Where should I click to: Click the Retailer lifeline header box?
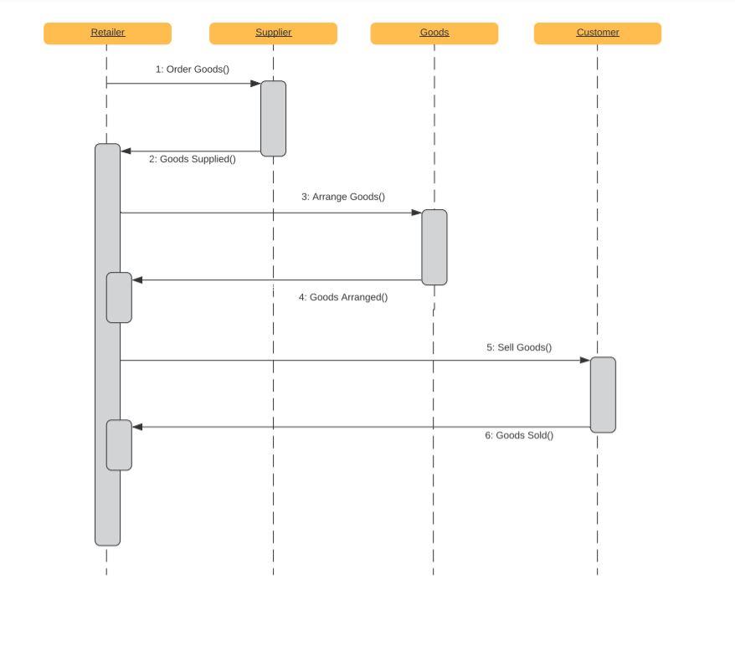107,33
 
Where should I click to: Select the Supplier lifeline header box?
273,33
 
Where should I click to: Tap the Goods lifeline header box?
434,33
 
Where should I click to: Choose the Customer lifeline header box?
597,33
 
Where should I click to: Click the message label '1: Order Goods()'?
192,69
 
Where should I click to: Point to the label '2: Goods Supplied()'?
193,159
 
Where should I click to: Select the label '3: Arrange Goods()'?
343,197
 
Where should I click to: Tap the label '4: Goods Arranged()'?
343,297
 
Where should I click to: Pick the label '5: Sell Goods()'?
519,347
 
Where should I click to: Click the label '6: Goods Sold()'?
519,435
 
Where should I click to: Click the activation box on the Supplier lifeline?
273,118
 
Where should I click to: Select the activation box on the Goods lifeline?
434,247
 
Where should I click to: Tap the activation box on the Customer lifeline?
603,394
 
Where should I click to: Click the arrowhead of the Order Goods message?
255,84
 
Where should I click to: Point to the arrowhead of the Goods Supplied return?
126,151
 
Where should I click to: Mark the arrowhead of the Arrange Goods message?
416,213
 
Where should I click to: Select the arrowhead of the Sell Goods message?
584,361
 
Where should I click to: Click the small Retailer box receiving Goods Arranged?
119,297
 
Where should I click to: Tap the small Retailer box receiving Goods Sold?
119,445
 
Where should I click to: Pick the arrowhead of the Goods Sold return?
138,428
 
